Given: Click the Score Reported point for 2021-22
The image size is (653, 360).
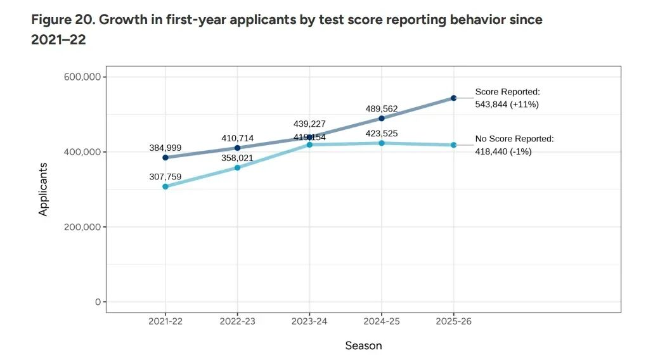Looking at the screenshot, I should [x=165, y=158].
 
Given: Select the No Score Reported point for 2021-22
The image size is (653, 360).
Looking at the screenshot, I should [x=165, y=186].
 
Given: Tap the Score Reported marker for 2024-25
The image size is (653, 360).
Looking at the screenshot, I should [x=382, y=119].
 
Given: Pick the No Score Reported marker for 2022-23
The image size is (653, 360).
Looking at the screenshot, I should [x=238, y=168].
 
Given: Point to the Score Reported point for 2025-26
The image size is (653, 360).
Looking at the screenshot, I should [x=454, y=98].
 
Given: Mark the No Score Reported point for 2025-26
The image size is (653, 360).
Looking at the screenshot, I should [x=454, y=145].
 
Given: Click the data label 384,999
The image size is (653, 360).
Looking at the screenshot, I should [x=165, y=148].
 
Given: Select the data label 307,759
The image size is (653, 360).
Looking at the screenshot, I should [x=165, y=177].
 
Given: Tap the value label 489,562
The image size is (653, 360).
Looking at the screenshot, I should [x=382, y=108].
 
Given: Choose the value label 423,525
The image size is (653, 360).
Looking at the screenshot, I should [x=382, y=134].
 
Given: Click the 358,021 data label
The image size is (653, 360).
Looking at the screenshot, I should [x=238, y=158].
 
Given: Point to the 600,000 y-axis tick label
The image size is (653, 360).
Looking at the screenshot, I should [x=82, y=77].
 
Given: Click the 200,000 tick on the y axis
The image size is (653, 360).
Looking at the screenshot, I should [x=82, y=227].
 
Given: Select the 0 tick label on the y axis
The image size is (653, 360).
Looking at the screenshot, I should [x=98, y=302].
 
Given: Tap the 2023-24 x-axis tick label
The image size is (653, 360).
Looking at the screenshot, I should [x=309, y=322].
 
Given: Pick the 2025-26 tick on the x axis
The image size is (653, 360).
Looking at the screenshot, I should [x=454, y=322].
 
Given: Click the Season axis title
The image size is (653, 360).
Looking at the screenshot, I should [x=363, y=345].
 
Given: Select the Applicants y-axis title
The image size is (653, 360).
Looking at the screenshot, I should [x=43, y=189].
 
